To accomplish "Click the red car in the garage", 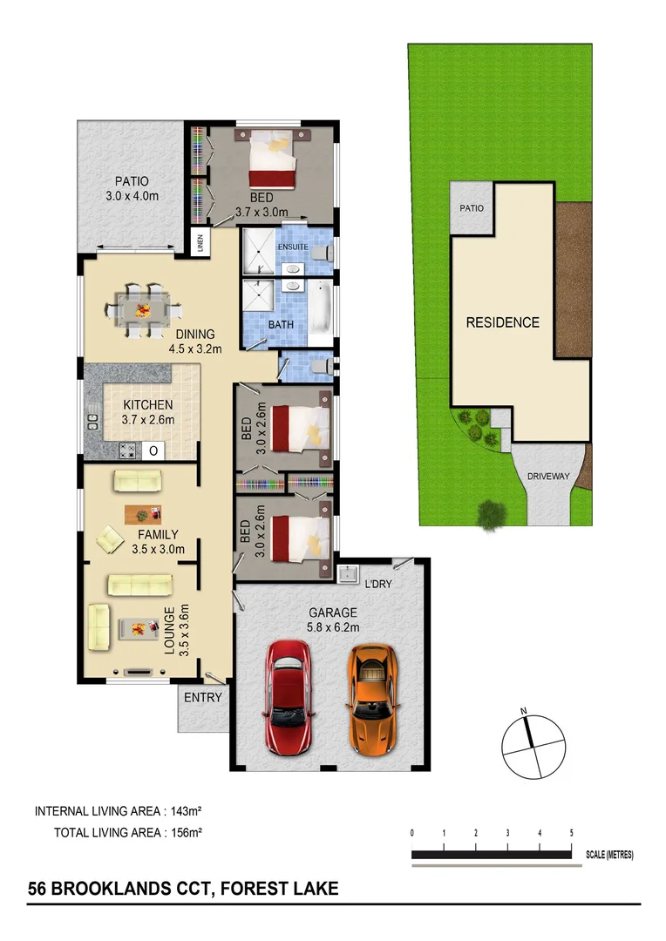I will coord(288,697).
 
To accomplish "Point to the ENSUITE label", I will coord(292,247).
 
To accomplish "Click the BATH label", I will coord(281,324).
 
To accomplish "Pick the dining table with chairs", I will coord(146,308).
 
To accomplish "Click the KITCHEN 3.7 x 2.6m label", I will coord(148,412).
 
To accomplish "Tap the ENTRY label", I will coord(203,698).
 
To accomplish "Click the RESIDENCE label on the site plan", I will coord(502,322).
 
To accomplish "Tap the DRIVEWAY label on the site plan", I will coord(547,477).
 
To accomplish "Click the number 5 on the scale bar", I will coord(571,834).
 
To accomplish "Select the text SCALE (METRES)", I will coord(610,856).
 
